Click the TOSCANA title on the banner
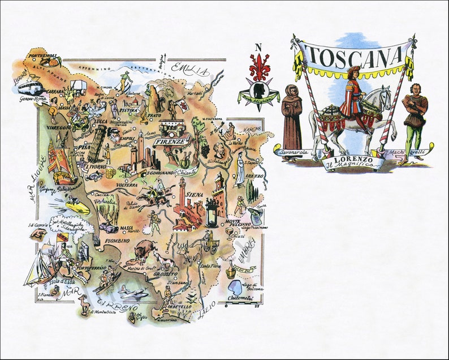coord(354,55)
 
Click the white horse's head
coord(386,95)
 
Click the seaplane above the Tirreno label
coord(133,292)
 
